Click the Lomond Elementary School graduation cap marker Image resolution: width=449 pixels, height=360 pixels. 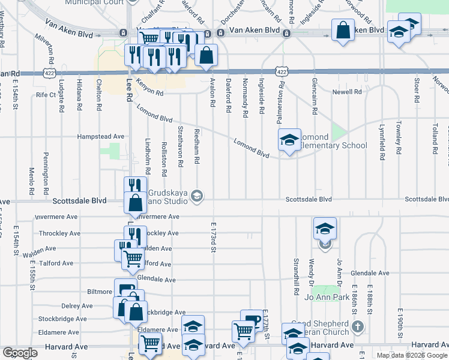(x=289, y=141)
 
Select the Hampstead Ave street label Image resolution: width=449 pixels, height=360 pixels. (x=101, y=137)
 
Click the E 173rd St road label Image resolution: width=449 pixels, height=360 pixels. (x=213, y=237)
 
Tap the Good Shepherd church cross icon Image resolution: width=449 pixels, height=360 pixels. (x=358, y=327)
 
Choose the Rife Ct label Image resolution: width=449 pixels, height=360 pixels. (x=46, y=95)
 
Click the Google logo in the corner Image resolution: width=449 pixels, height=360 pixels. (x=20, y=353)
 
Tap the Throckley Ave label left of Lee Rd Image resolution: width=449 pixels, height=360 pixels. (x=59, y=233)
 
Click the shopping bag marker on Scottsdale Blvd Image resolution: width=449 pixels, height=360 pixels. (x=135, y=202)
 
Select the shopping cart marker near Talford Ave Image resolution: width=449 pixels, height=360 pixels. (x=133, y=259)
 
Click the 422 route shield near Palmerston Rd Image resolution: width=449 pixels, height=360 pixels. (x=282, y=71)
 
